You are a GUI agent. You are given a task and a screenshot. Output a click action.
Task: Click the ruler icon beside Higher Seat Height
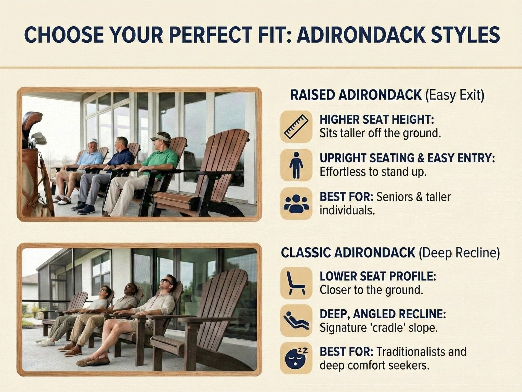click(296, 127)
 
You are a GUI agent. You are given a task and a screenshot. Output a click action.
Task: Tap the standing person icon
click(296, 165)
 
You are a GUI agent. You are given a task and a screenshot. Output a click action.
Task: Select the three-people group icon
click(296, 203)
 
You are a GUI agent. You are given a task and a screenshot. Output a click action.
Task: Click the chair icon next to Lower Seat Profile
click(296, 283)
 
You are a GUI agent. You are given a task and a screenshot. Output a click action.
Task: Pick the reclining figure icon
click(296, 320)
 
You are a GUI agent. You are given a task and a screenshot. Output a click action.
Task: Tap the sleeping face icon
click(296, 358)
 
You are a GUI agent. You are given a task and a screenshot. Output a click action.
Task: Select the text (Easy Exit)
click(455, 95)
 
